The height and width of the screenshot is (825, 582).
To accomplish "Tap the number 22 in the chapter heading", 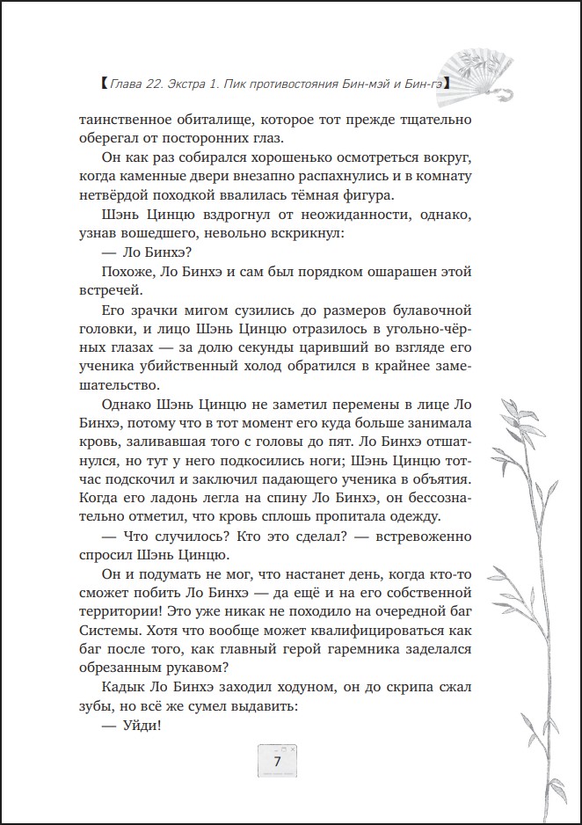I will coord(161,84).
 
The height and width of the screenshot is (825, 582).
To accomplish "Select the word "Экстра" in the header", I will coord(198,84).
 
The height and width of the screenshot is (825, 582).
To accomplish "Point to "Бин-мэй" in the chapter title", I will coord(360,84).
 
